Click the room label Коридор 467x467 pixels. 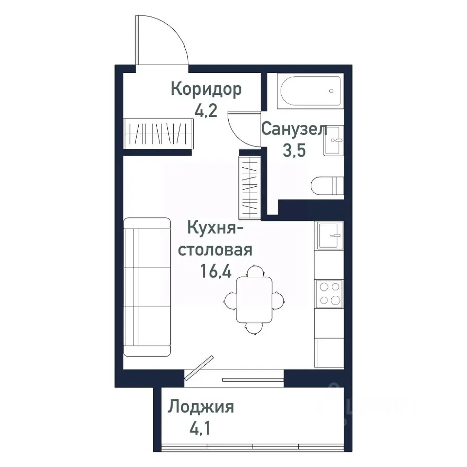(x=206, y=90)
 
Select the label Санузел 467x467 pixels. (x=294, y=129)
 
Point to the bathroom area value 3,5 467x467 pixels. (x=294, y=150)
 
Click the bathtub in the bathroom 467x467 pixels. (x=310, y=91)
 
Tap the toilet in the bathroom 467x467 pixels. (x=327, y=186)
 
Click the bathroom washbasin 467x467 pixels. (x=333, y=141)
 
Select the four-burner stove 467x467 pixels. (x=329, y=294)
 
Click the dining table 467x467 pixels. (x=254, y=299)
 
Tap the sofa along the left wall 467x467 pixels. (x=147, y=287)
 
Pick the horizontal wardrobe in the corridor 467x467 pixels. (x=159, y=133)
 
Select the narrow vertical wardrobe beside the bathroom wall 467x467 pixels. (x=251, y=186)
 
